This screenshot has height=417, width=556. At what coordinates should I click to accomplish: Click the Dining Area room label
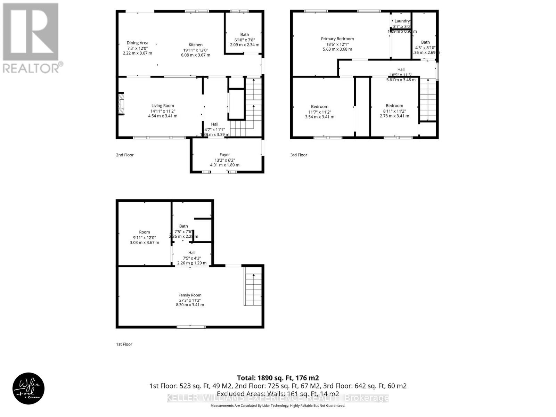click(137, 43)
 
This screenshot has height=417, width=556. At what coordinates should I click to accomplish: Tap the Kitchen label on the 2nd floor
click(195, 44)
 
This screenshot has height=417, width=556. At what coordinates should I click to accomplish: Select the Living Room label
click(163, 106)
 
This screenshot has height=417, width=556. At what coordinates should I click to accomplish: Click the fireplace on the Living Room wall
click(121, 104)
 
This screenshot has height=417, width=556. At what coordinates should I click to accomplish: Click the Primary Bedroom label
click(337, 39)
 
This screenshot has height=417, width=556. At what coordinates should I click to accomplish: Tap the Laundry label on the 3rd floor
click(402, 21)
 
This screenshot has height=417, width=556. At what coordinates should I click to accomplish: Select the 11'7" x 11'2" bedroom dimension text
click(319, 112)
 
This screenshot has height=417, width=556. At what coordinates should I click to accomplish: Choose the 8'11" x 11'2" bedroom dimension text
click(394, 111)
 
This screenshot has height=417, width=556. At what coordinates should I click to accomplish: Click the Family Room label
click(190, 295)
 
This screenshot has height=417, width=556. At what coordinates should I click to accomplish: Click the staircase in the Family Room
click(253, 286)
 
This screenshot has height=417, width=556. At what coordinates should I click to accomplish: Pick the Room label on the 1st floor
click(144, 232)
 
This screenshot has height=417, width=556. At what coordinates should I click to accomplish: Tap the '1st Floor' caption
click(124, 344)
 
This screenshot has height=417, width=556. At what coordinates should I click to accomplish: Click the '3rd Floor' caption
click(299, 155)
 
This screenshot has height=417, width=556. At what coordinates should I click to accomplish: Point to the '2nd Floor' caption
click(125, 155)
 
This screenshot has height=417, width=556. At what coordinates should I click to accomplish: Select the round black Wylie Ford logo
click(28, 389)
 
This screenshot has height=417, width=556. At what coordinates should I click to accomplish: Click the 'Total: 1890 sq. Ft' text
click(278, 378)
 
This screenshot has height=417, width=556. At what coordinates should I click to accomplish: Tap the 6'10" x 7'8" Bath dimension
click(244, 40)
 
